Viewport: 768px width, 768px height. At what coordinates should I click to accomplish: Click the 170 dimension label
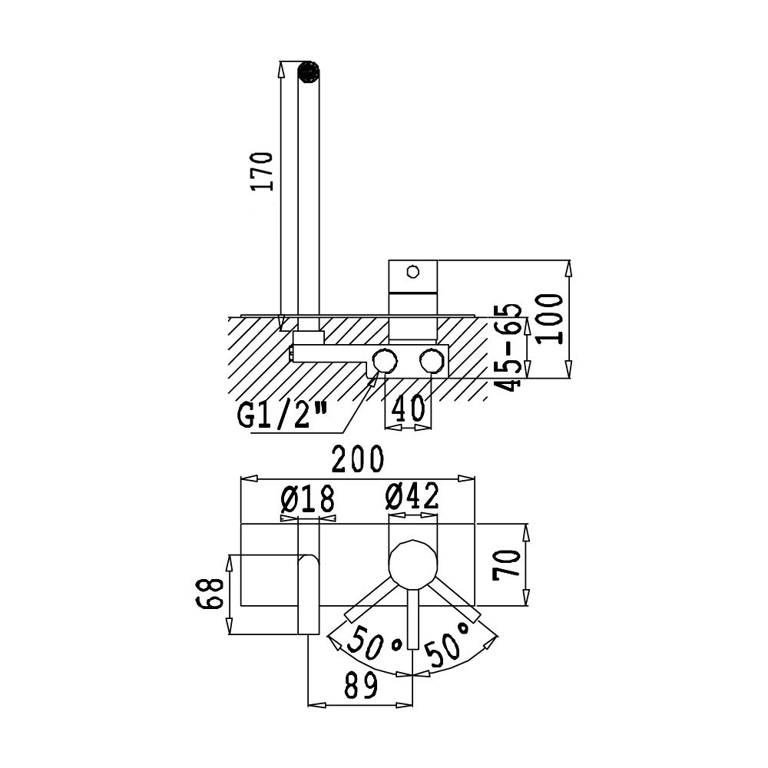tap(262, 171)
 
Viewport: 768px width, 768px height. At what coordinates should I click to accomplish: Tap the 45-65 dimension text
tap(508, 347)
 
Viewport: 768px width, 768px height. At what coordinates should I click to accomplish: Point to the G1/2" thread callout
tap(282, 415)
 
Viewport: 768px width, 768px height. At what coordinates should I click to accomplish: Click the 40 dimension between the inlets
tap(408, 409)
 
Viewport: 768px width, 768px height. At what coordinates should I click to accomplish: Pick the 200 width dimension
tap(358, 458)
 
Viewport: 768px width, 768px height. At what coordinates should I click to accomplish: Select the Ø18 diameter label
tap(308, 499)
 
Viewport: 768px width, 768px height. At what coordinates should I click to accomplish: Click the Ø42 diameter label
tap(412, 495)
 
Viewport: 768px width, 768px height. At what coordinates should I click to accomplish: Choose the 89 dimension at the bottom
tap(361, 685)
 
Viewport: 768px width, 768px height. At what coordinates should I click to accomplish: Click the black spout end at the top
tap(309, 72)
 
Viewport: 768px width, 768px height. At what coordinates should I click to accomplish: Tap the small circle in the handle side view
tap(413, 271)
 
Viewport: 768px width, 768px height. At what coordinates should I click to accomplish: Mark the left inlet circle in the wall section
tap(385, 361)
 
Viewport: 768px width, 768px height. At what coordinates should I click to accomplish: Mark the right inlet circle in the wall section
tap(432, 361)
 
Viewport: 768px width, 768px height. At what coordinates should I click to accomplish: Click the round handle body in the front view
tap(412, 564)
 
